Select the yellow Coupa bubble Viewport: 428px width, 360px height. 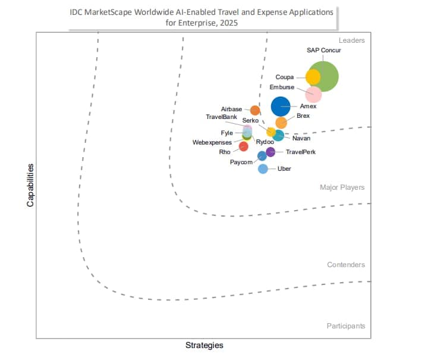(313, 77)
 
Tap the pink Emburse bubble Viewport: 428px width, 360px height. (313, 94)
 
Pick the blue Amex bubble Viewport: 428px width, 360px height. (281, 107)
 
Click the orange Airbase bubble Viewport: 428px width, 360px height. (255, 110)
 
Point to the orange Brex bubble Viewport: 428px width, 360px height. (281, 123)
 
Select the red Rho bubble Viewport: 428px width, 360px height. (243, 146)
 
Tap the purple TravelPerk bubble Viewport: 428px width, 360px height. (270, 152)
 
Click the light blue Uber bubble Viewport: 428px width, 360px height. (263, 169)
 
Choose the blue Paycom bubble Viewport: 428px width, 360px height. (262, 156)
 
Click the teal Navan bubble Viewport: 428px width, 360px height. (278, 136)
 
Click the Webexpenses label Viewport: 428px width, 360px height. (212, 143)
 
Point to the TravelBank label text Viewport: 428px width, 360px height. (221, 117)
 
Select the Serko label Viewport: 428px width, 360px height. (250, 121)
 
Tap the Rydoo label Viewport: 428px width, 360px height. (265, 142)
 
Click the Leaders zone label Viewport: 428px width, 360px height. (351, 40)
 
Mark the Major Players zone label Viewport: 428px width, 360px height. (342, 187)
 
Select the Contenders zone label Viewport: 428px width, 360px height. (346, 265)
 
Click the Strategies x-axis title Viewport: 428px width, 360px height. (204, 345)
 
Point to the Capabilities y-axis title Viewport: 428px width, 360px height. (30, 185)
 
